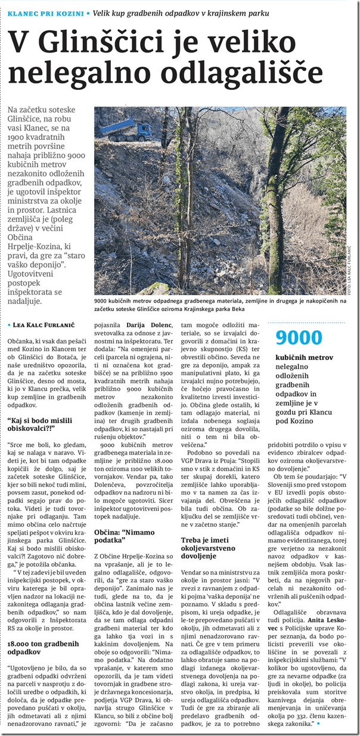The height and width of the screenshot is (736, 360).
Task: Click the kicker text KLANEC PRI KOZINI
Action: click(x=44, y=13)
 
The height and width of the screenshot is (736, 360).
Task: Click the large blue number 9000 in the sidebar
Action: click(x=297, y=337)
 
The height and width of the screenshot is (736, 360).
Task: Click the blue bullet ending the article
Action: click(x=319, y=723)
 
